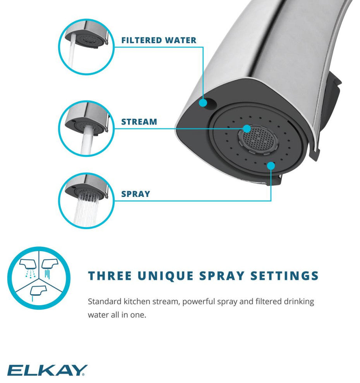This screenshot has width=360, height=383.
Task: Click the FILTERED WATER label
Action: pos(159,40)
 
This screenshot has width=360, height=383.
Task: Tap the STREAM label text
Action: pos(139,121)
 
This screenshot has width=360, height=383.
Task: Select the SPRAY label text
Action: pos(135,194)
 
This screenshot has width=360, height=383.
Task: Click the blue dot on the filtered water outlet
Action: pos(203,103)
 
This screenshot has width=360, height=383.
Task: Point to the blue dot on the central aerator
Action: pos(247,129)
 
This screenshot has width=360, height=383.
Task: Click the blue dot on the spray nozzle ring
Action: pos(271,166)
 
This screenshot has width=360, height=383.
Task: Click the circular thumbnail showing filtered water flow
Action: pos(86,47)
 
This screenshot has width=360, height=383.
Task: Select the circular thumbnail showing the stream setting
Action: pos(86,128)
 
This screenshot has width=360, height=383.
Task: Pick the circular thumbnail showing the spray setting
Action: pos(86,201)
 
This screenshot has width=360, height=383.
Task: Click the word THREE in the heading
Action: pos(110,276)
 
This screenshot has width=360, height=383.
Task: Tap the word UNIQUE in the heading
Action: pos(166,276)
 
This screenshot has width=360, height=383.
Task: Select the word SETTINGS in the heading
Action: pos(285,276)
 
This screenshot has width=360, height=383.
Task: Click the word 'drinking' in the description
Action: pos(299,302)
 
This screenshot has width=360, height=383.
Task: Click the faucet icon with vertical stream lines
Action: pos(50,268)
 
